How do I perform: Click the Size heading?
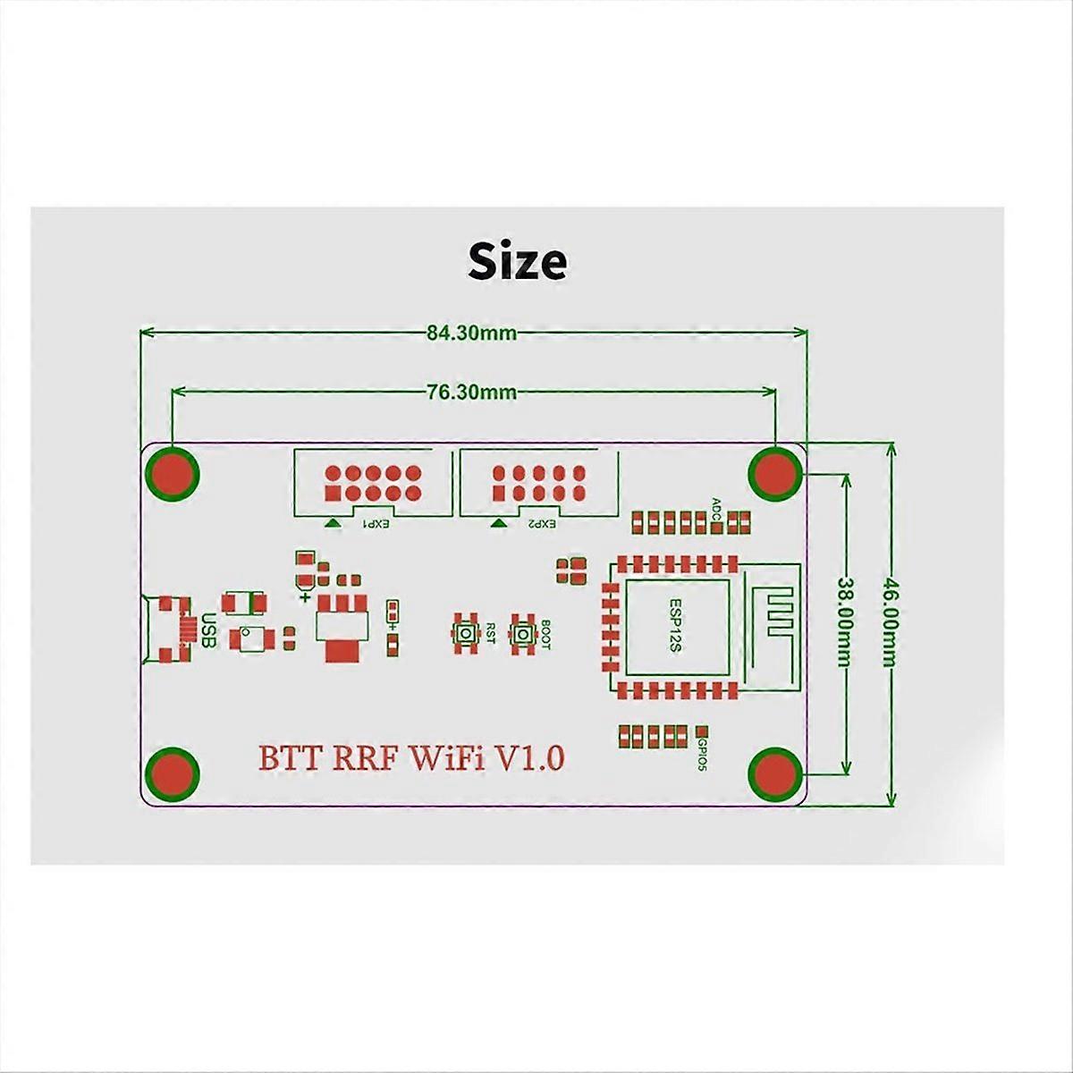pyautogui.click(x=518, y=261)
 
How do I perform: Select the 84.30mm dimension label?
pyautogui.click(x=471, y=333)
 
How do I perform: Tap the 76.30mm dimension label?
pyautogui.click(x=471, y=393)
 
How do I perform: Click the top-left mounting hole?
pyautogui.click(x=172, y=474)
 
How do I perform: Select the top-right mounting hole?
pyautogui.click(x=775, y=474)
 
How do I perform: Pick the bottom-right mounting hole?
pyautogui.click(x=775, y=774)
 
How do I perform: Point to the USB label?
pyautogui.click(x=208, y=629)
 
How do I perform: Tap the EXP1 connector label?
pyautogui.click(x=376, y=524)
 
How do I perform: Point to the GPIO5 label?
pyautogui.click(x=702, y=756)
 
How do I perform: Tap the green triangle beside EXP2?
pyautogui.click(x=498, y=522)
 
